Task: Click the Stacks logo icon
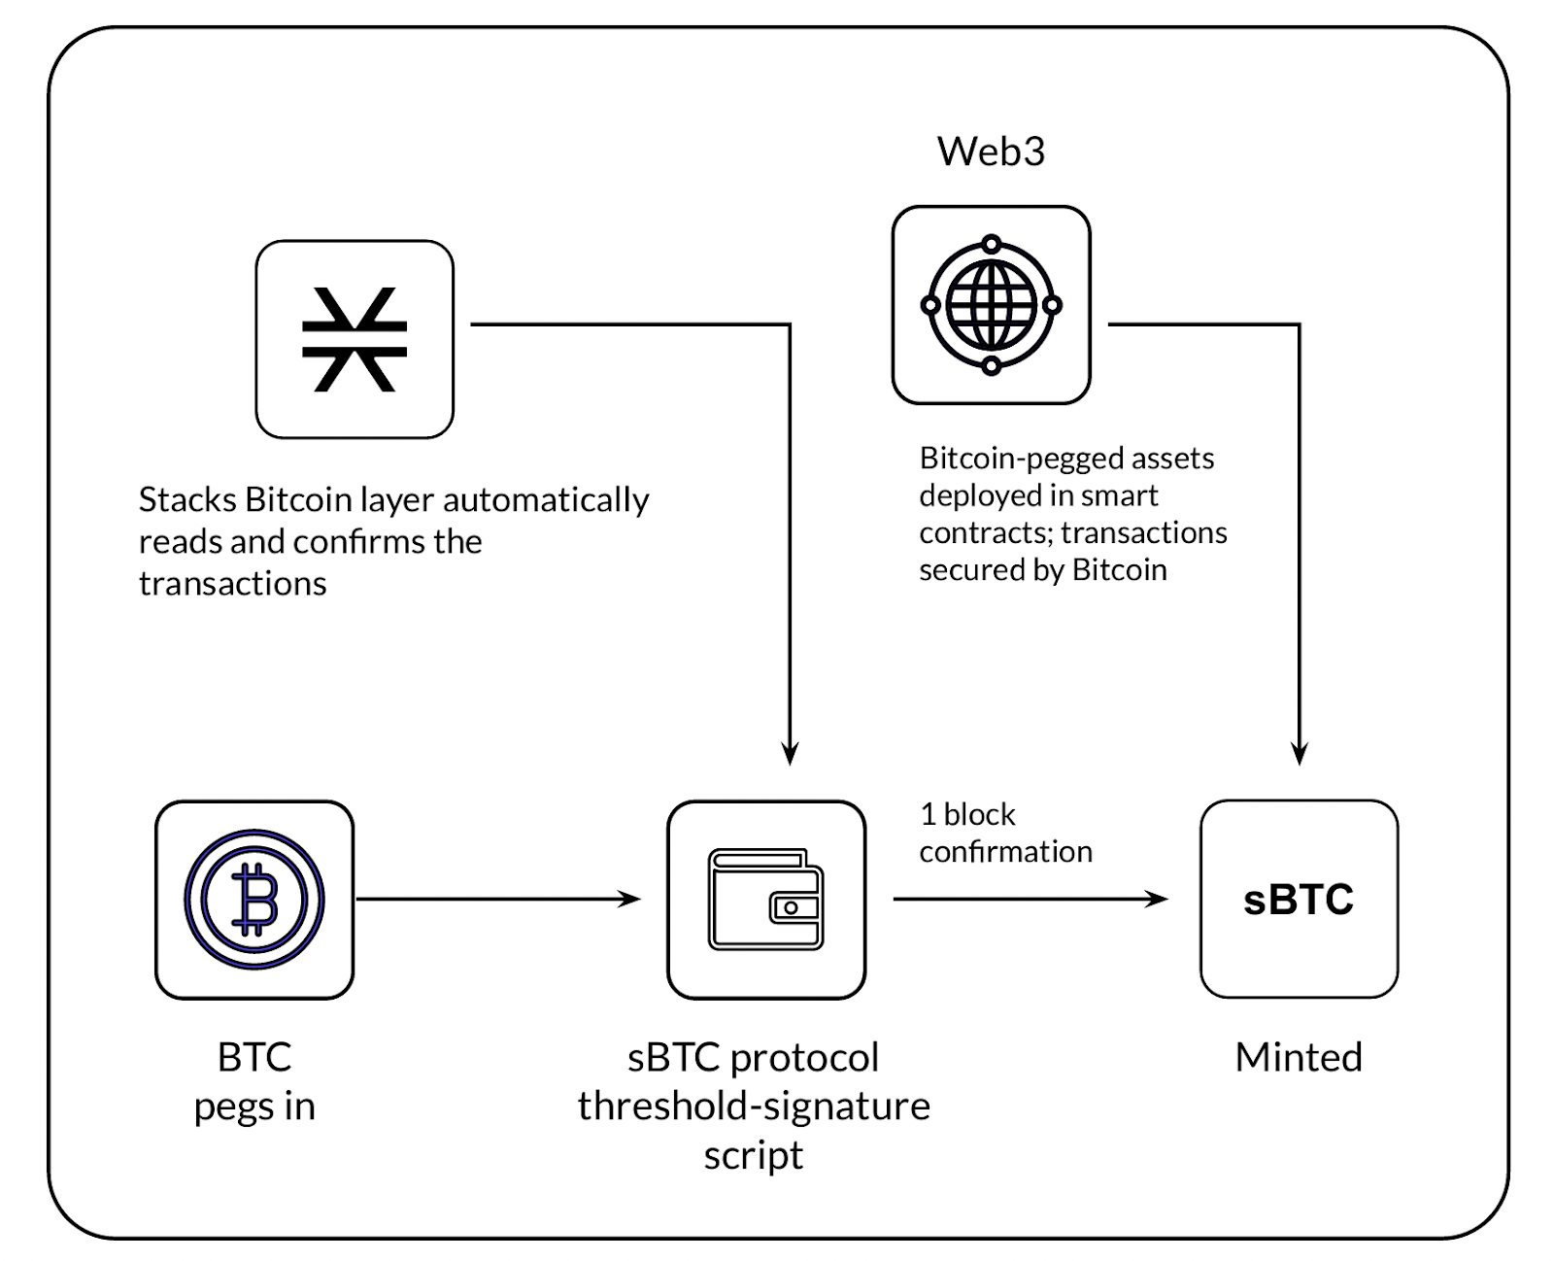coord(355,340)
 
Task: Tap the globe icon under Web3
coord(991,305)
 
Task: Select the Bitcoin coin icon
coord(254,900)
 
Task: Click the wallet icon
coord(766,900)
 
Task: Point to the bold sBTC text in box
coord(1299,900)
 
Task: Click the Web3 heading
coord(991,152)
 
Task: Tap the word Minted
coord(1299,1057)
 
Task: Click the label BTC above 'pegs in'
coord(254,1057)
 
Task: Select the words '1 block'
coord(967,814)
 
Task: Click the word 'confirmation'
coord(1005,852)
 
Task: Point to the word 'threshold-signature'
coord(754,1106)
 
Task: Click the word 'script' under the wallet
coord(754,1155)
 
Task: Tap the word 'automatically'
coord(546,500)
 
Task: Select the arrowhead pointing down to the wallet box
coord(791,754)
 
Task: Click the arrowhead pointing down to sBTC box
coord(1300,754)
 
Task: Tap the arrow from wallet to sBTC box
coord(1030,900)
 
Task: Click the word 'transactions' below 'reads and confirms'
coord(233,584)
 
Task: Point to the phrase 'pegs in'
coord(254,1107)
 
